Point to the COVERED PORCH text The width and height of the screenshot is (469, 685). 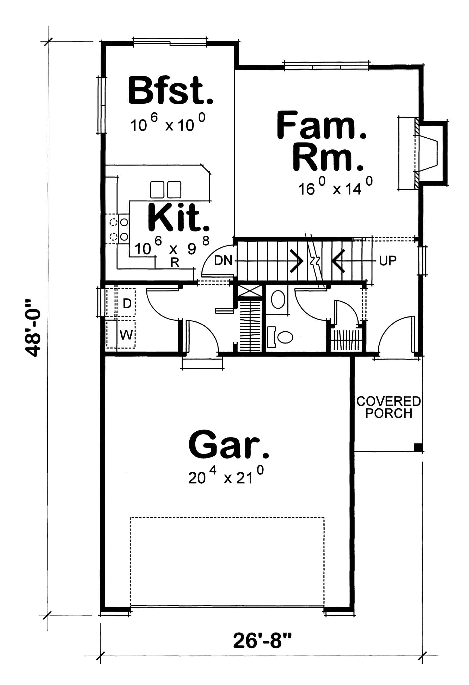tap(388, 407)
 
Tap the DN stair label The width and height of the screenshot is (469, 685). tap(223, 260)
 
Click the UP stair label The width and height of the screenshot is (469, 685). tap(387, 261)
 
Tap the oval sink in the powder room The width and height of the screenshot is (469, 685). tap(278, 299)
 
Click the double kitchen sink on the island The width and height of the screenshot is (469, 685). tap(165, 189)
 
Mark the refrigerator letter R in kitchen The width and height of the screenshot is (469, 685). tap(175, 262)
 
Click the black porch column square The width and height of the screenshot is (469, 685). tap(417, 448)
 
